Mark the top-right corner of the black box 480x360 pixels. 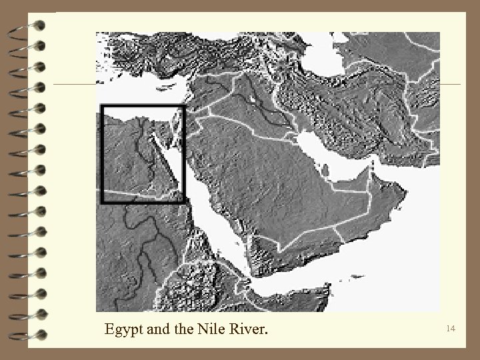point(183,107)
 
